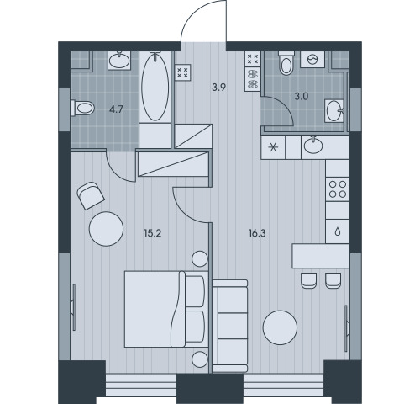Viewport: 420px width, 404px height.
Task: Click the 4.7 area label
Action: tap(116, 109)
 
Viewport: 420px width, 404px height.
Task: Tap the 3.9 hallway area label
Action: tap(218, 88)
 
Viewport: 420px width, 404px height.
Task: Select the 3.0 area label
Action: tap(301, 97)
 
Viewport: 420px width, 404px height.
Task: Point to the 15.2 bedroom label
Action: tap(153, 233)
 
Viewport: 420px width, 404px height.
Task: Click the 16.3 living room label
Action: tap(257, 233)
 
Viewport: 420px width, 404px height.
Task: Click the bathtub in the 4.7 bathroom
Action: tap(155, 87)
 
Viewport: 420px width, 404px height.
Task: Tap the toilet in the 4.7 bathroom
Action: tap(82, 108)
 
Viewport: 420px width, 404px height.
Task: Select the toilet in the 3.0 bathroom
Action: tap(286, 63)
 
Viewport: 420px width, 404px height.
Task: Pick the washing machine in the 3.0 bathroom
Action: tap(312, 59)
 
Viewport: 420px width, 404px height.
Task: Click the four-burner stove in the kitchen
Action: tap(338, 189)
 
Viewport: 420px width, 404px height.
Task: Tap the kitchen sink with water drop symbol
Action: tap(338, 231)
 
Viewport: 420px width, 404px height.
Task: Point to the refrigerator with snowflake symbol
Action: tap(273, 147)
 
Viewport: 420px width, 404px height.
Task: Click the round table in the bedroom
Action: tap(106, 229)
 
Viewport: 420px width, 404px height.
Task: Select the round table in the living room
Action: tap(280, 327)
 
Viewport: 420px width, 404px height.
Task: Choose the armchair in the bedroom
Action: tap(91, 195)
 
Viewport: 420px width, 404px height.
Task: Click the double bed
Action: tap(166, 309)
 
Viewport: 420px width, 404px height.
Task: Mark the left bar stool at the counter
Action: tap(309, 280)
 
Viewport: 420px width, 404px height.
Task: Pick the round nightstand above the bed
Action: tap(200, 258)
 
